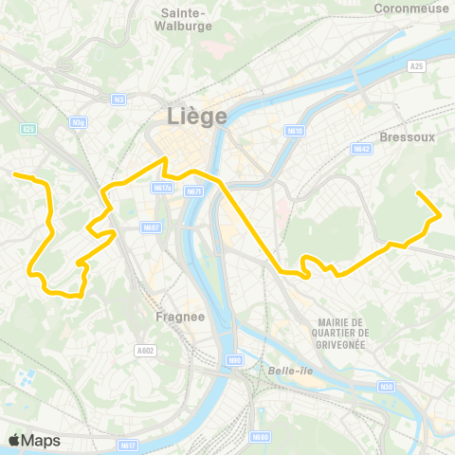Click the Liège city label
(197, 117)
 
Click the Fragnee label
(177, 318)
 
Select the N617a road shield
(161, 188)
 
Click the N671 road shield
(193, 192)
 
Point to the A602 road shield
(144, 350)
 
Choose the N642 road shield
(360, 149)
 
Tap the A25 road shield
(417, 66)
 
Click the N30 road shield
(386, 387)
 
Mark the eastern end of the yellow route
(418, 193)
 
